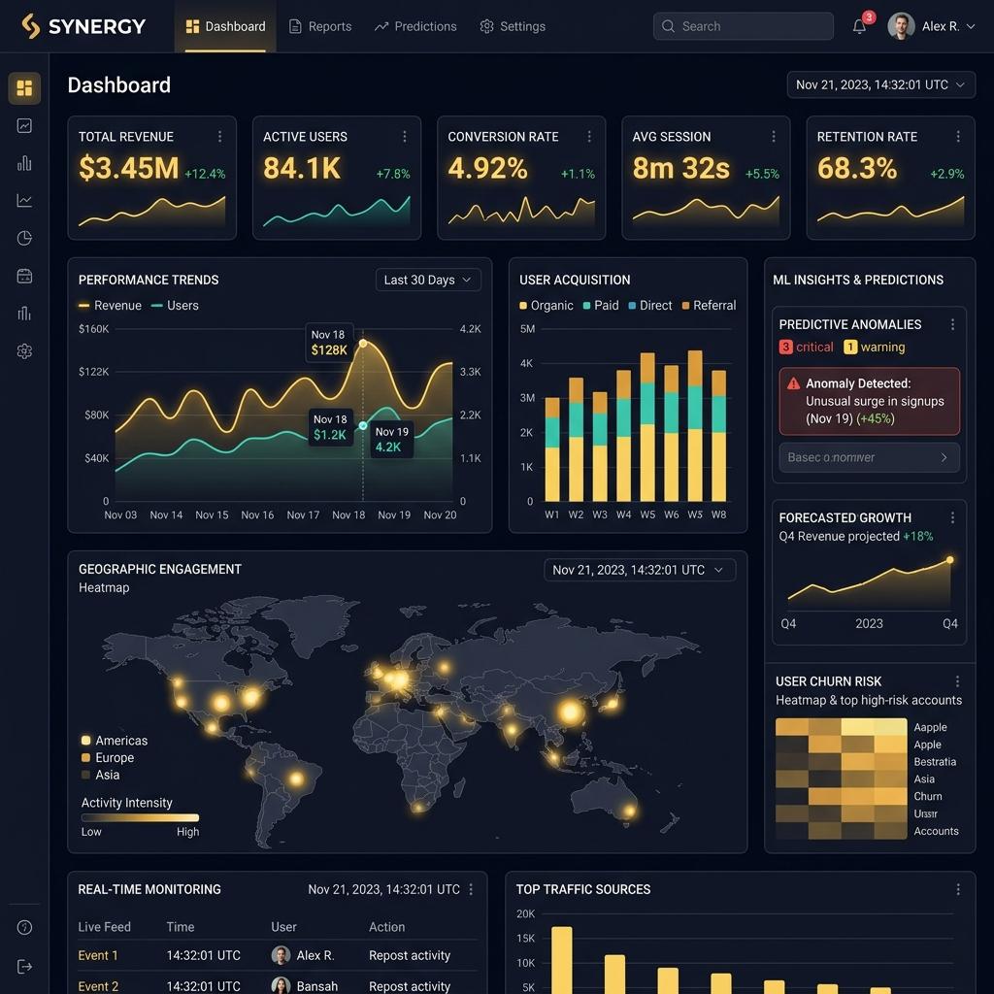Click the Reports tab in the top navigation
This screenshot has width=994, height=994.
click(x=320, y=26)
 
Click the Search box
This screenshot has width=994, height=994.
click(x=743, y=26)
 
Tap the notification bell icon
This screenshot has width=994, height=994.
click(x=859, y=26)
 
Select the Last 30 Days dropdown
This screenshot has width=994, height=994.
click(x=428, y=280)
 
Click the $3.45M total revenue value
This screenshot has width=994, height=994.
click(x=128, y=169)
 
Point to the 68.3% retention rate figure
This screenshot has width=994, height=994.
click(x=857, y=169)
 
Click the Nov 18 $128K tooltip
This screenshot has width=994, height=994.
click(x=329, y=343)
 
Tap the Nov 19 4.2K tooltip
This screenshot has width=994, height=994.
click(x=391, y=440)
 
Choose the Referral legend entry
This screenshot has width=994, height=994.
click(x=708, y=305)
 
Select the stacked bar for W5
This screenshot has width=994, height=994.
click(x=647, y=427)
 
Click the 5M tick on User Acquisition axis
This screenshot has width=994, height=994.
click(x=527, y=329)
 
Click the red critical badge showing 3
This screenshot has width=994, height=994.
click(x=786, y=348)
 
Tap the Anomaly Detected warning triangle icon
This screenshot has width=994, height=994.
click(x=794, y=383)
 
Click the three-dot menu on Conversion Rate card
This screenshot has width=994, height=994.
click(x=589, y=137)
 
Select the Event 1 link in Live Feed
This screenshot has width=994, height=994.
click(x=98, y=955)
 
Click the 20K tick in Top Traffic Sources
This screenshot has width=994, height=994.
click(x=525, y=913)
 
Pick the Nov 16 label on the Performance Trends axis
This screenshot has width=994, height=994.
click(x=257, y=514)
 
